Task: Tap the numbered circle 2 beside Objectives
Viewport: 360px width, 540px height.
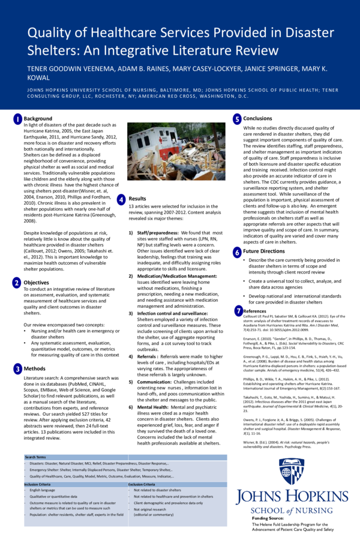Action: [x=17, y=282]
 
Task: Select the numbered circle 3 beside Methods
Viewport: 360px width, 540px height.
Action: [x=17, y=368]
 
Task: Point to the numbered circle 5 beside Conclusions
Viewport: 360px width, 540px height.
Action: [x=237, y=119]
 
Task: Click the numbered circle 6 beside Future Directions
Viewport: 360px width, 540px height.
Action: [x=237, y=253]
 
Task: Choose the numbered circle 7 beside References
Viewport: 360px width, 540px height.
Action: [x=238, y=310]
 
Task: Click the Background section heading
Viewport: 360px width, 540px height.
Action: [x=37, y=119]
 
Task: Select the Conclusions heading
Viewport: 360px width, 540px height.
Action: [x=257, y=119]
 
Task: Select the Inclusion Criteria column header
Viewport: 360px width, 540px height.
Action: [x=37, y=484]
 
